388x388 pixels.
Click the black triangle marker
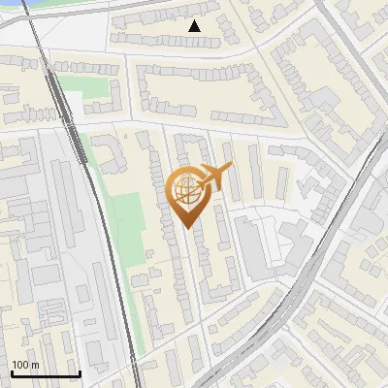195,27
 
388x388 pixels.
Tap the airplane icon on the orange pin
215,177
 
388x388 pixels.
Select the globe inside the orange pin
187,192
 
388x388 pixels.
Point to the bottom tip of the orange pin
187,228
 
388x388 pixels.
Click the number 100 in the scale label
21,365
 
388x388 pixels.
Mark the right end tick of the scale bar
80,372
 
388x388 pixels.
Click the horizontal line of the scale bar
45,374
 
